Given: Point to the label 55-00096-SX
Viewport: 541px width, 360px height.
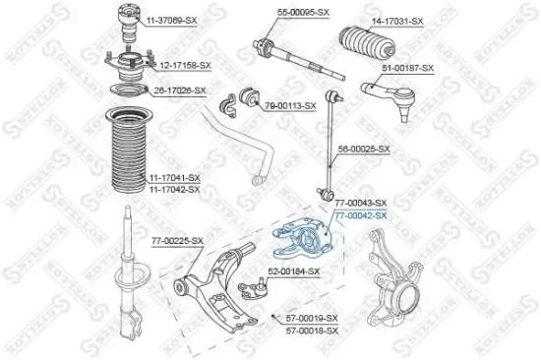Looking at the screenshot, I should tap(302, 11).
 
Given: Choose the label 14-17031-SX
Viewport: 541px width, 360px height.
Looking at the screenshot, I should tap(396, 21).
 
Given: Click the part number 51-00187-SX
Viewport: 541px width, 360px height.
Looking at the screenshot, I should tap(407, 67).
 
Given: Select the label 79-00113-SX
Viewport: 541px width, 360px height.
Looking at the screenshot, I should tap(289, 104).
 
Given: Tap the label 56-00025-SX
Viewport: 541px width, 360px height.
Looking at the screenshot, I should tap(364, 150).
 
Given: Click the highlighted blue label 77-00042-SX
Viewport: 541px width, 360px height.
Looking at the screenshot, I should tap(361, 214).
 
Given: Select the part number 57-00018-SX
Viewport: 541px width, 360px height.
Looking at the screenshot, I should tap(311, 330).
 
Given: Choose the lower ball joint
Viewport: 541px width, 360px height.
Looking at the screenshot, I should tap(254, 286).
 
